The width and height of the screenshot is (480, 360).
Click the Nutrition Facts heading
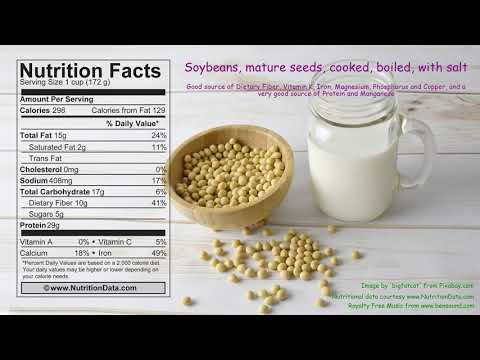pyautogui.click(x=89, y=71)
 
